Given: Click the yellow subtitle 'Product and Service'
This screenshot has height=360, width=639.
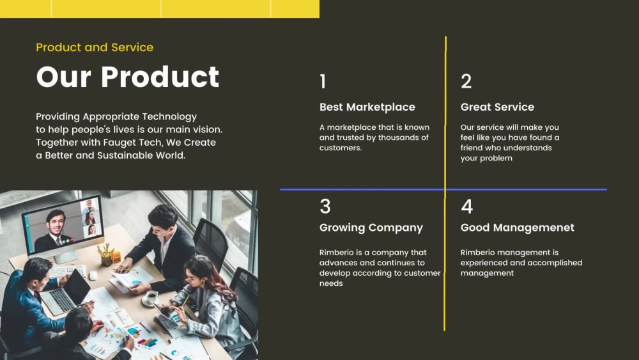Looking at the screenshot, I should click(95, 47).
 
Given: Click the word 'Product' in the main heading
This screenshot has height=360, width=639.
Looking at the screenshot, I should click(160, 77).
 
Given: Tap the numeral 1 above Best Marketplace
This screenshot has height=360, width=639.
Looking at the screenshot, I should click(323, 81).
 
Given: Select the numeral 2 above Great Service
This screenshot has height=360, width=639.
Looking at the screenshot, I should click(466, 81).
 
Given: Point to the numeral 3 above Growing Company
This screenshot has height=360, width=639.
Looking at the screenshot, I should click(325, 207).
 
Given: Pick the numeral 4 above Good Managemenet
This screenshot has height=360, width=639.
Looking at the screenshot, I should click(467, 207).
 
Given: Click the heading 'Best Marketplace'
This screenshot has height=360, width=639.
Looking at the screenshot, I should click(367, 107).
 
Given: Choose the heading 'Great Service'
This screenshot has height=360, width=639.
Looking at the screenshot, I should click(497, 107).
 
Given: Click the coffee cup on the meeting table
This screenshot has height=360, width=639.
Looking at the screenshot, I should click(151, 297).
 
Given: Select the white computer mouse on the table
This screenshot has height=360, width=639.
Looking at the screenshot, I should click(93, 276).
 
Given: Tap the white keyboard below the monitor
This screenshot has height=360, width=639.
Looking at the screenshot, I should click(66, 271).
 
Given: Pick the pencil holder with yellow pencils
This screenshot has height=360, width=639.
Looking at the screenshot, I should click(106, 257).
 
